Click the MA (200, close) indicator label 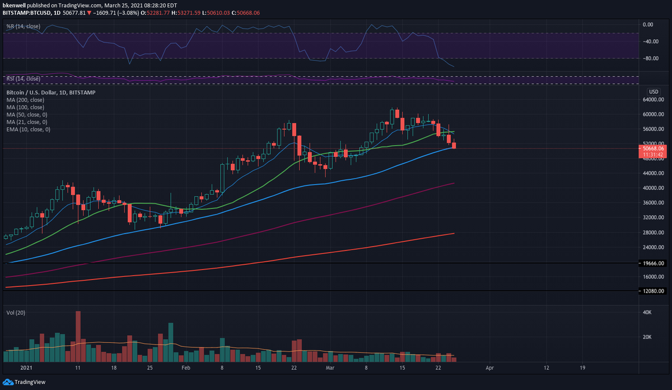(25, 100)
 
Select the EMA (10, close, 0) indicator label (28, 129)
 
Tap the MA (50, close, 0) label (26, 114)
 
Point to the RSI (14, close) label (23, 78)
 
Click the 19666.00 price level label (653, 263)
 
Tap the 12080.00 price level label (653, 291)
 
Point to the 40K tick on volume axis (646, 312)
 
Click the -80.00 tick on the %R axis (648, 58)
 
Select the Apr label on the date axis (489, 368)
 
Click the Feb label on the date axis (186, 368)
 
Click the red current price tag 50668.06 (653, 148)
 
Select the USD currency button (653, 91)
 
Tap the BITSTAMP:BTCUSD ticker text (27, 12)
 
